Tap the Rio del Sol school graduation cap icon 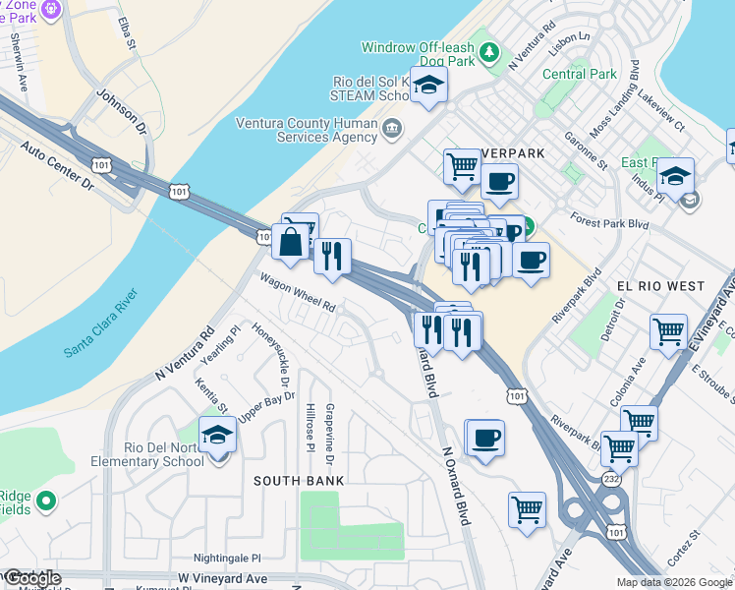click(x=429, y=87)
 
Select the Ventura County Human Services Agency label click(x=307, y=131)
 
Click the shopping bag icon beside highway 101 click(x=293, y=240)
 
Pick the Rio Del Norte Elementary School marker click(x=217, y=435)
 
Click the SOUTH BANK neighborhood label click(x=299, y=481)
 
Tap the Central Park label click(x=580, y=74)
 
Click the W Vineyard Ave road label click(x=222, y=578)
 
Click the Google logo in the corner click(x=31, y=577)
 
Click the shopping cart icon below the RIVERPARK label click(x=461, y=166)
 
